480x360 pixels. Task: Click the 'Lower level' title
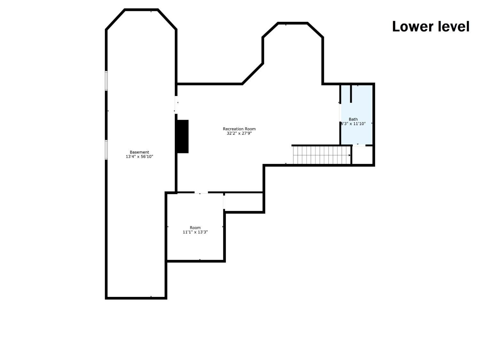pos(430,27)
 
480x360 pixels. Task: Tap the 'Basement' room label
pos(139,152)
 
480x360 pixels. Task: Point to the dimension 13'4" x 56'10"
pos(139,157)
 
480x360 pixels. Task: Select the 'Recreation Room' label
pos(239,129)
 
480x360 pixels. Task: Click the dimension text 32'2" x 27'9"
pos(239,133)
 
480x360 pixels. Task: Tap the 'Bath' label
pos(353,119)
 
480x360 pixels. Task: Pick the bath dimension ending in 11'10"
pos(353,124)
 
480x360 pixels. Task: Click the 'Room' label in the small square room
pos(195,228)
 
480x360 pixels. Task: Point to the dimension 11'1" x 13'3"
pos(195,232)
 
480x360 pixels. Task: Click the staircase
pos(321,155)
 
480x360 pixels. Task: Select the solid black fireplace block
pos(183,136)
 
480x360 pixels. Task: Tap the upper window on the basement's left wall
pos(106,81)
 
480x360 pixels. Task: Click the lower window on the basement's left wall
pos(106,150)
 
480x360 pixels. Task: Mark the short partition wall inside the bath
pos(351,93)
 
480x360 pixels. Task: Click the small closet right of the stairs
pos(362,155)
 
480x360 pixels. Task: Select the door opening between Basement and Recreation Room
pos(176,105)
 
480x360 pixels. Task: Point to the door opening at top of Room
pos(201,193)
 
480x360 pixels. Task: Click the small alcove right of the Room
pos(244,202)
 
